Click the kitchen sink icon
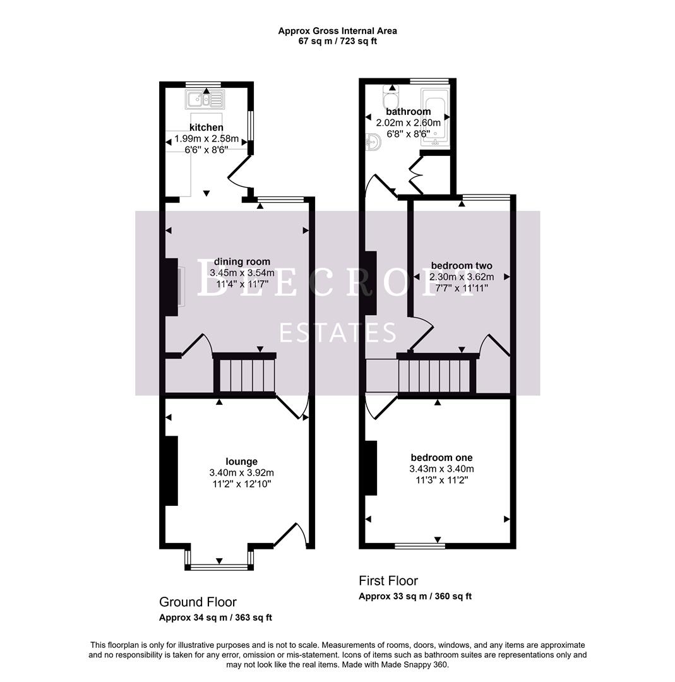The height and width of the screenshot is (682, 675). coord(205,99)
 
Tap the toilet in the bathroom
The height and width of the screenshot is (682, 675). coord(390,100)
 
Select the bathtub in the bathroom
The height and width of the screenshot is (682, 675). coord(434,118)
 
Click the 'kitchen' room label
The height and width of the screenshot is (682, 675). coord(206,128)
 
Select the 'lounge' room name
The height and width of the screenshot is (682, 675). coord(242,462)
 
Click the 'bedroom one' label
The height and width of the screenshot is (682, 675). coord(441,458)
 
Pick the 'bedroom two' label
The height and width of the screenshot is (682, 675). coord(462,266)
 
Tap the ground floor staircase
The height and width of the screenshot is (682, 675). coord(245,375)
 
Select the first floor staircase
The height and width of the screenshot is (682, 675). coord(436,375)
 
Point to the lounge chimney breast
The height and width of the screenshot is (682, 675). coord(171,470)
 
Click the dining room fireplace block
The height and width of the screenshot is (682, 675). coord(171,286)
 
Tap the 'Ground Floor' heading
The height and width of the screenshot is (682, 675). coord(198,602)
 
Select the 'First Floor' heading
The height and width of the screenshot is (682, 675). coord(388,580)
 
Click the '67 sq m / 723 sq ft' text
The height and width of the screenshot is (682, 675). coord(338,41)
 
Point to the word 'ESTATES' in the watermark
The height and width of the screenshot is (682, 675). coord(338,332)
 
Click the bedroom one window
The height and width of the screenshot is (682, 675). coord(419,545)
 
